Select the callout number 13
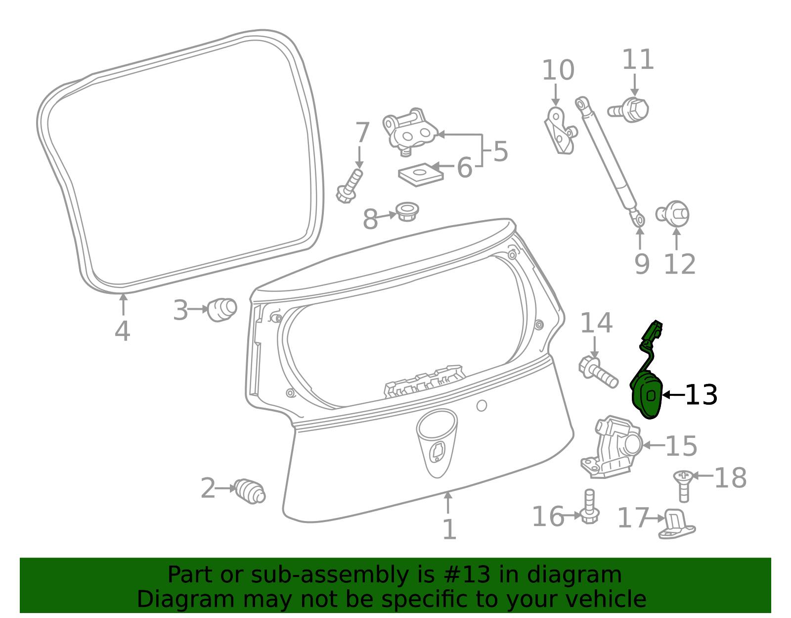701,395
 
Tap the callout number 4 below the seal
122,331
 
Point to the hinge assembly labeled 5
409,132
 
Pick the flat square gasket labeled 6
421,175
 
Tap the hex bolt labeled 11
629,110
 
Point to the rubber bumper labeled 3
221,310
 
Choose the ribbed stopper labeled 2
250,491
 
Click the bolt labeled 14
598,373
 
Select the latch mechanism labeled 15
612,447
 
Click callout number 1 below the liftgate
449,529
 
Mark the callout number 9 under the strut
642,264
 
